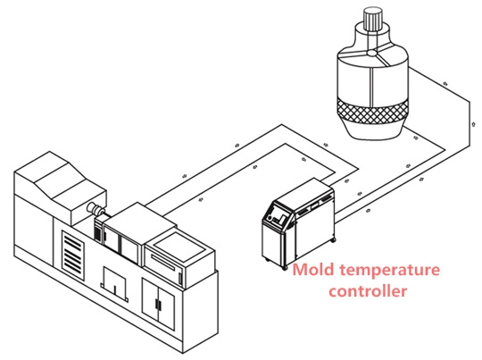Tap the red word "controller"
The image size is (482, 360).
pos(368,290)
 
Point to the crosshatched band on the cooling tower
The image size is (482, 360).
pos(371,112)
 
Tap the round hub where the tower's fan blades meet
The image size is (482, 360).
pos(372,54)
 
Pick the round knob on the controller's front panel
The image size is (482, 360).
pos(270,218)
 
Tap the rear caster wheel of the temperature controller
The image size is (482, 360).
pos(333,239)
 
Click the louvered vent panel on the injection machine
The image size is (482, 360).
pos(73,255)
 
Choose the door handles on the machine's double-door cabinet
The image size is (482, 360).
pos(159,304)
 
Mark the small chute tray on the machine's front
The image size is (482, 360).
pos(114,283)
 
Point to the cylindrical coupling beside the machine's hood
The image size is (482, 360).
pos(95,209)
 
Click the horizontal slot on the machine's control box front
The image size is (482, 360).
pos(163,262)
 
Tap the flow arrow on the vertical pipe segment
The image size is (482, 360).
pos(474,123)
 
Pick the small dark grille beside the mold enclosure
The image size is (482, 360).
pos(98,230)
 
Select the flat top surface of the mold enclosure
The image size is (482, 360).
pos(139,217)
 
